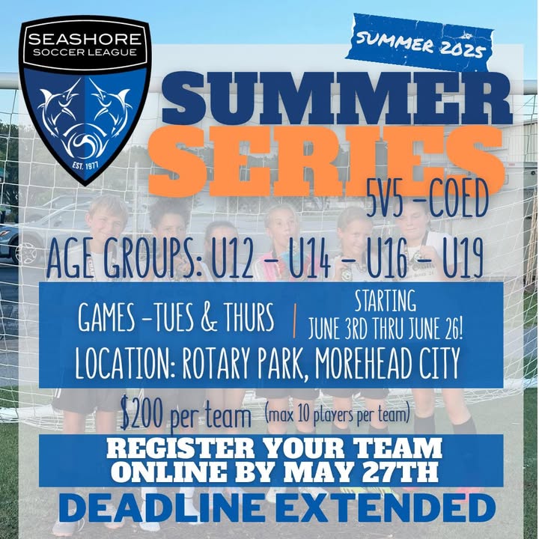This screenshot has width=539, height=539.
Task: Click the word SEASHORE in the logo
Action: [85, 39]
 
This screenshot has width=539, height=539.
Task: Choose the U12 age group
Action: [233, 260]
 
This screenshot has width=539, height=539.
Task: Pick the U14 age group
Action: [309, 260]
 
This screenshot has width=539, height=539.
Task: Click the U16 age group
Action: [387, 260]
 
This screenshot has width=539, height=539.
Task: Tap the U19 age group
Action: [463, 260]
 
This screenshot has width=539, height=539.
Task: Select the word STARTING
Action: [385, 300]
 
